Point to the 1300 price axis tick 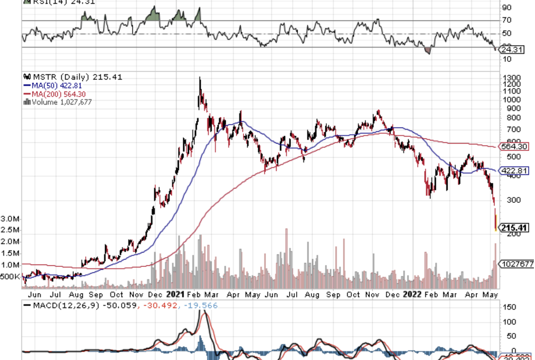[x=510, y=78]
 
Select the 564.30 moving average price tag [x=513, y=146]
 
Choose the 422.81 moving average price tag [x=513, y=170]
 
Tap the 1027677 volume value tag [x=517, y=263]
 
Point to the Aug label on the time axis [x=76, y=295]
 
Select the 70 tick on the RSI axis [x=506, y=21]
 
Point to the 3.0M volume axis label [x=11, y=219]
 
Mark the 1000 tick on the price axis [x=510, y=99]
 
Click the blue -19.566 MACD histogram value [x=201, y=305]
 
